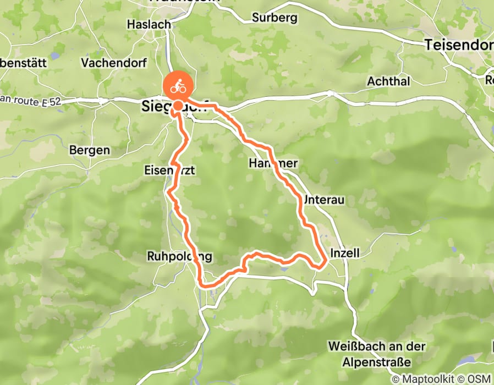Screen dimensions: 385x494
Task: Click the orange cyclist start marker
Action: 177,87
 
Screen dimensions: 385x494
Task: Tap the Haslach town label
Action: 149,24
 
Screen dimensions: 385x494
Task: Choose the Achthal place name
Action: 389,81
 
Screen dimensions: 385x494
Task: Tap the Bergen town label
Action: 90,150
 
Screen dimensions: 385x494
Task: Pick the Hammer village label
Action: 273,163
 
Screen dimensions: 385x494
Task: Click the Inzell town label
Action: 345,253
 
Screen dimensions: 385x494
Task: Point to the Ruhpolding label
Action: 179,256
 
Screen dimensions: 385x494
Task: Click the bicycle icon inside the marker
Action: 177,86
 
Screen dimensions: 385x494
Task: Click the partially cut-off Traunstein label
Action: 185,2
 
